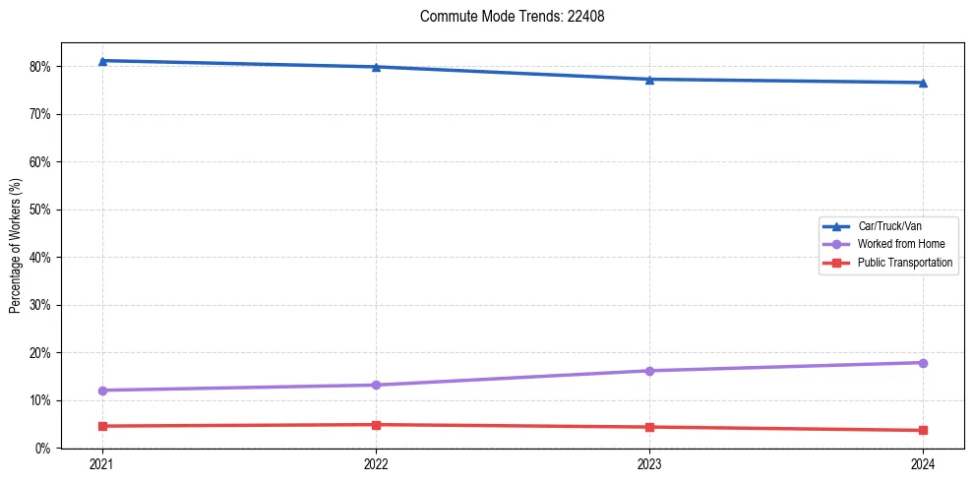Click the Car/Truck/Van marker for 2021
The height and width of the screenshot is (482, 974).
pos(102,61)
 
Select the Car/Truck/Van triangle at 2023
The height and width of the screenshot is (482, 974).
pos(649,80)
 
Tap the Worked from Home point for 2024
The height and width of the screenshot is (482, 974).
pos(923,363)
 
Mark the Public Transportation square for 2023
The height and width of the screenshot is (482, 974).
pos(649,427)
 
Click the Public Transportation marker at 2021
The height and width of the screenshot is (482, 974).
pos(102,426)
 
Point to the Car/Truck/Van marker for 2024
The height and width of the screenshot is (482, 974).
pos(923,83)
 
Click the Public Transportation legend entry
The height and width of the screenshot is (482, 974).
pos(904,263)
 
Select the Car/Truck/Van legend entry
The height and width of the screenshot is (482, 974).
pos(888,225)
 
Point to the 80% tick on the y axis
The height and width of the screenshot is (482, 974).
pos(42,67)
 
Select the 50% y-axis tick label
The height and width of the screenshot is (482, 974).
pos(42,210)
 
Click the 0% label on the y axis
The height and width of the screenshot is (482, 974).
pos(45,449)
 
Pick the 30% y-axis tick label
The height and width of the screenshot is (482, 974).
pos(42,305)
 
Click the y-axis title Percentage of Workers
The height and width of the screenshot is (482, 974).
pos(15,246)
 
